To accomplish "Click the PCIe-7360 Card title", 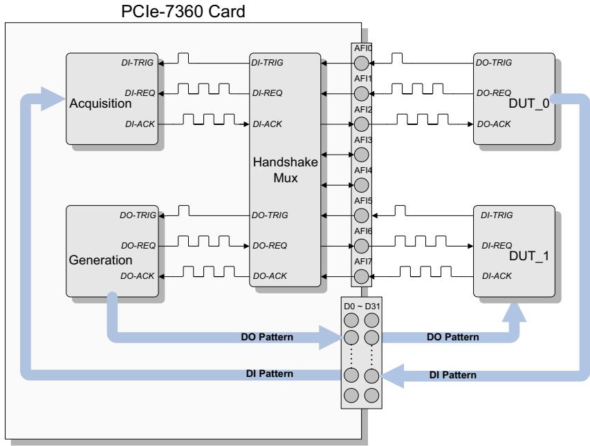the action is coord(183,11).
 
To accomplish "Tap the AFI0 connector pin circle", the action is coord(361,63).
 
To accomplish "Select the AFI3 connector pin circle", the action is coord(361,155).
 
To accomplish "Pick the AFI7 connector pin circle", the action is coord(361,277).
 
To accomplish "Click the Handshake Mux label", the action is coord(285,170).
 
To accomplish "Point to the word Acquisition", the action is coord(100,104).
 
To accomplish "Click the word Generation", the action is coord(100,260).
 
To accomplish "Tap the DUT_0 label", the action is coord(528,104).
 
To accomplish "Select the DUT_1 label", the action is coord(528,256).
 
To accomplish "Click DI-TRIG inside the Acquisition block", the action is coord(138,63).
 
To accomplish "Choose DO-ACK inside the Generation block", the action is coord(138,275).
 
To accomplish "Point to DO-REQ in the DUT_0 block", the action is coord(494,93).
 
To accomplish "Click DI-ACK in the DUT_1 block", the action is coord(497,275).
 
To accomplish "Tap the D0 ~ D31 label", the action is coord(362,307).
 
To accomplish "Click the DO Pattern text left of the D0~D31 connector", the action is coord(267,337).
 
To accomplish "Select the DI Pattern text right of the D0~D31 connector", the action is coord(452,375).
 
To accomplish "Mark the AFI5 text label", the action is coord(362,201).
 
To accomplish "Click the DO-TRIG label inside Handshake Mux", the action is coord(270,215).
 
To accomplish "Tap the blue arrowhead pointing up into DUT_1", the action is coord(514,311).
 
